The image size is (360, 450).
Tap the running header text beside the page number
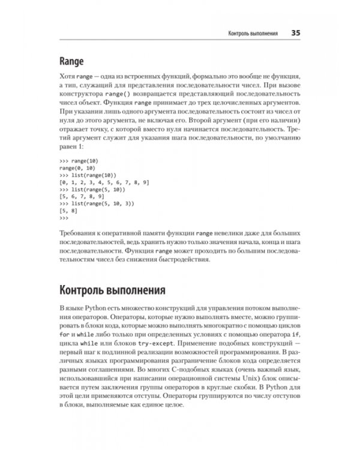(248, 33)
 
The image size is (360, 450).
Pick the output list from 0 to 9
(104, 181)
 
